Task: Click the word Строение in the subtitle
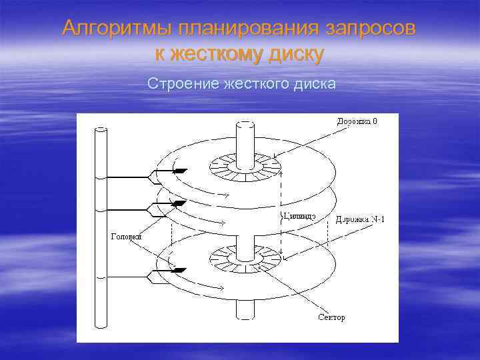(x=178, y=85)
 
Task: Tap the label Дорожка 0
(x=356, y=121)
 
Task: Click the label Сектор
(x=331, y=317)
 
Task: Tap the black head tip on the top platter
(x=179, y=171)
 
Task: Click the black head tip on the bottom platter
(x=179, y=270)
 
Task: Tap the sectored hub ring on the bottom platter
(x=245, y=257)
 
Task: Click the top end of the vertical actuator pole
(x=102, y=129)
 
